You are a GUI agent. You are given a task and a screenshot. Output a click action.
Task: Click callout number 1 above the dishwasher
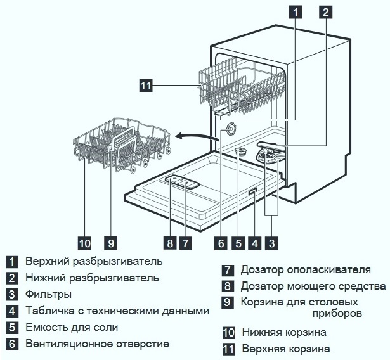click(x=295, y=11)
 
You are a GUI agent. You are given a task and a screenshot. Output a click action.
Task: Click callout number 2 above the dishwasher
click(x=325, y=11)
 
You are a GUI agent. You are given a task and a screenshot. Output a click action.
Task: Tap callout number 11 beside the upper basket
click(x=145, y=85)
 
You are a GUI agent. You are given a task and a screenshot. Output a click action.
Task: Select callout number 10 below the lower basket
click(x=85, y=242)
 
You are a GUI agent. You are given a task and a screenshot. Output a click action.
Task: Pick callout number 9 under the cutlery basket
click(x=110, y=242)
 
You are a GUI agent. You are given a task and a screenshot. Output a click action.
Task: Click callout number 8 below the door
click(x=169, y=242)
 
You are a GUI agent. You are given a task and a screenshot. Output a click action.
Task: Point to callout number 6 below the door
click(x=221, y=242)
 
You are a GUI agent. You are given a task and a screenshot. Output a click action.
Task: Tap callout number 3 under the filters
click(x=272, y=242)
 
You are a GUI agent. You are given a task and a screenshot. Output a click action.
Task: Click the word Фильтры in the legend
click(x=48, y=294)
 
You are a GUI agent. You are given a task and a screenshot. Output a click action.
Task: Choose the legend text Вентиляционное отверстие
click(x=97, y=344)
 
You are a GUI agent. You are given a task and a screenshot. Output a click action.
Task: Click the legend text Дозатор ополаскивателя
click(x=305, y=270)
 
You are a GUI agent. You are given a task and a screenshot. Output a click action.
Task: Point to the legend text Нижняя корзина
click(x=283, y=332)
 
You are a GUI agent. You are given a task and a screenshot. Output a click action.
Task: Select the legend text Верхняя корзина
click(x=285, y=349)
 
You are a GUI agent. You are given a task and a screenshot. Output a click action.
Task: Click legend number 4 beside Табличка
click(x=12, y=311)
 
